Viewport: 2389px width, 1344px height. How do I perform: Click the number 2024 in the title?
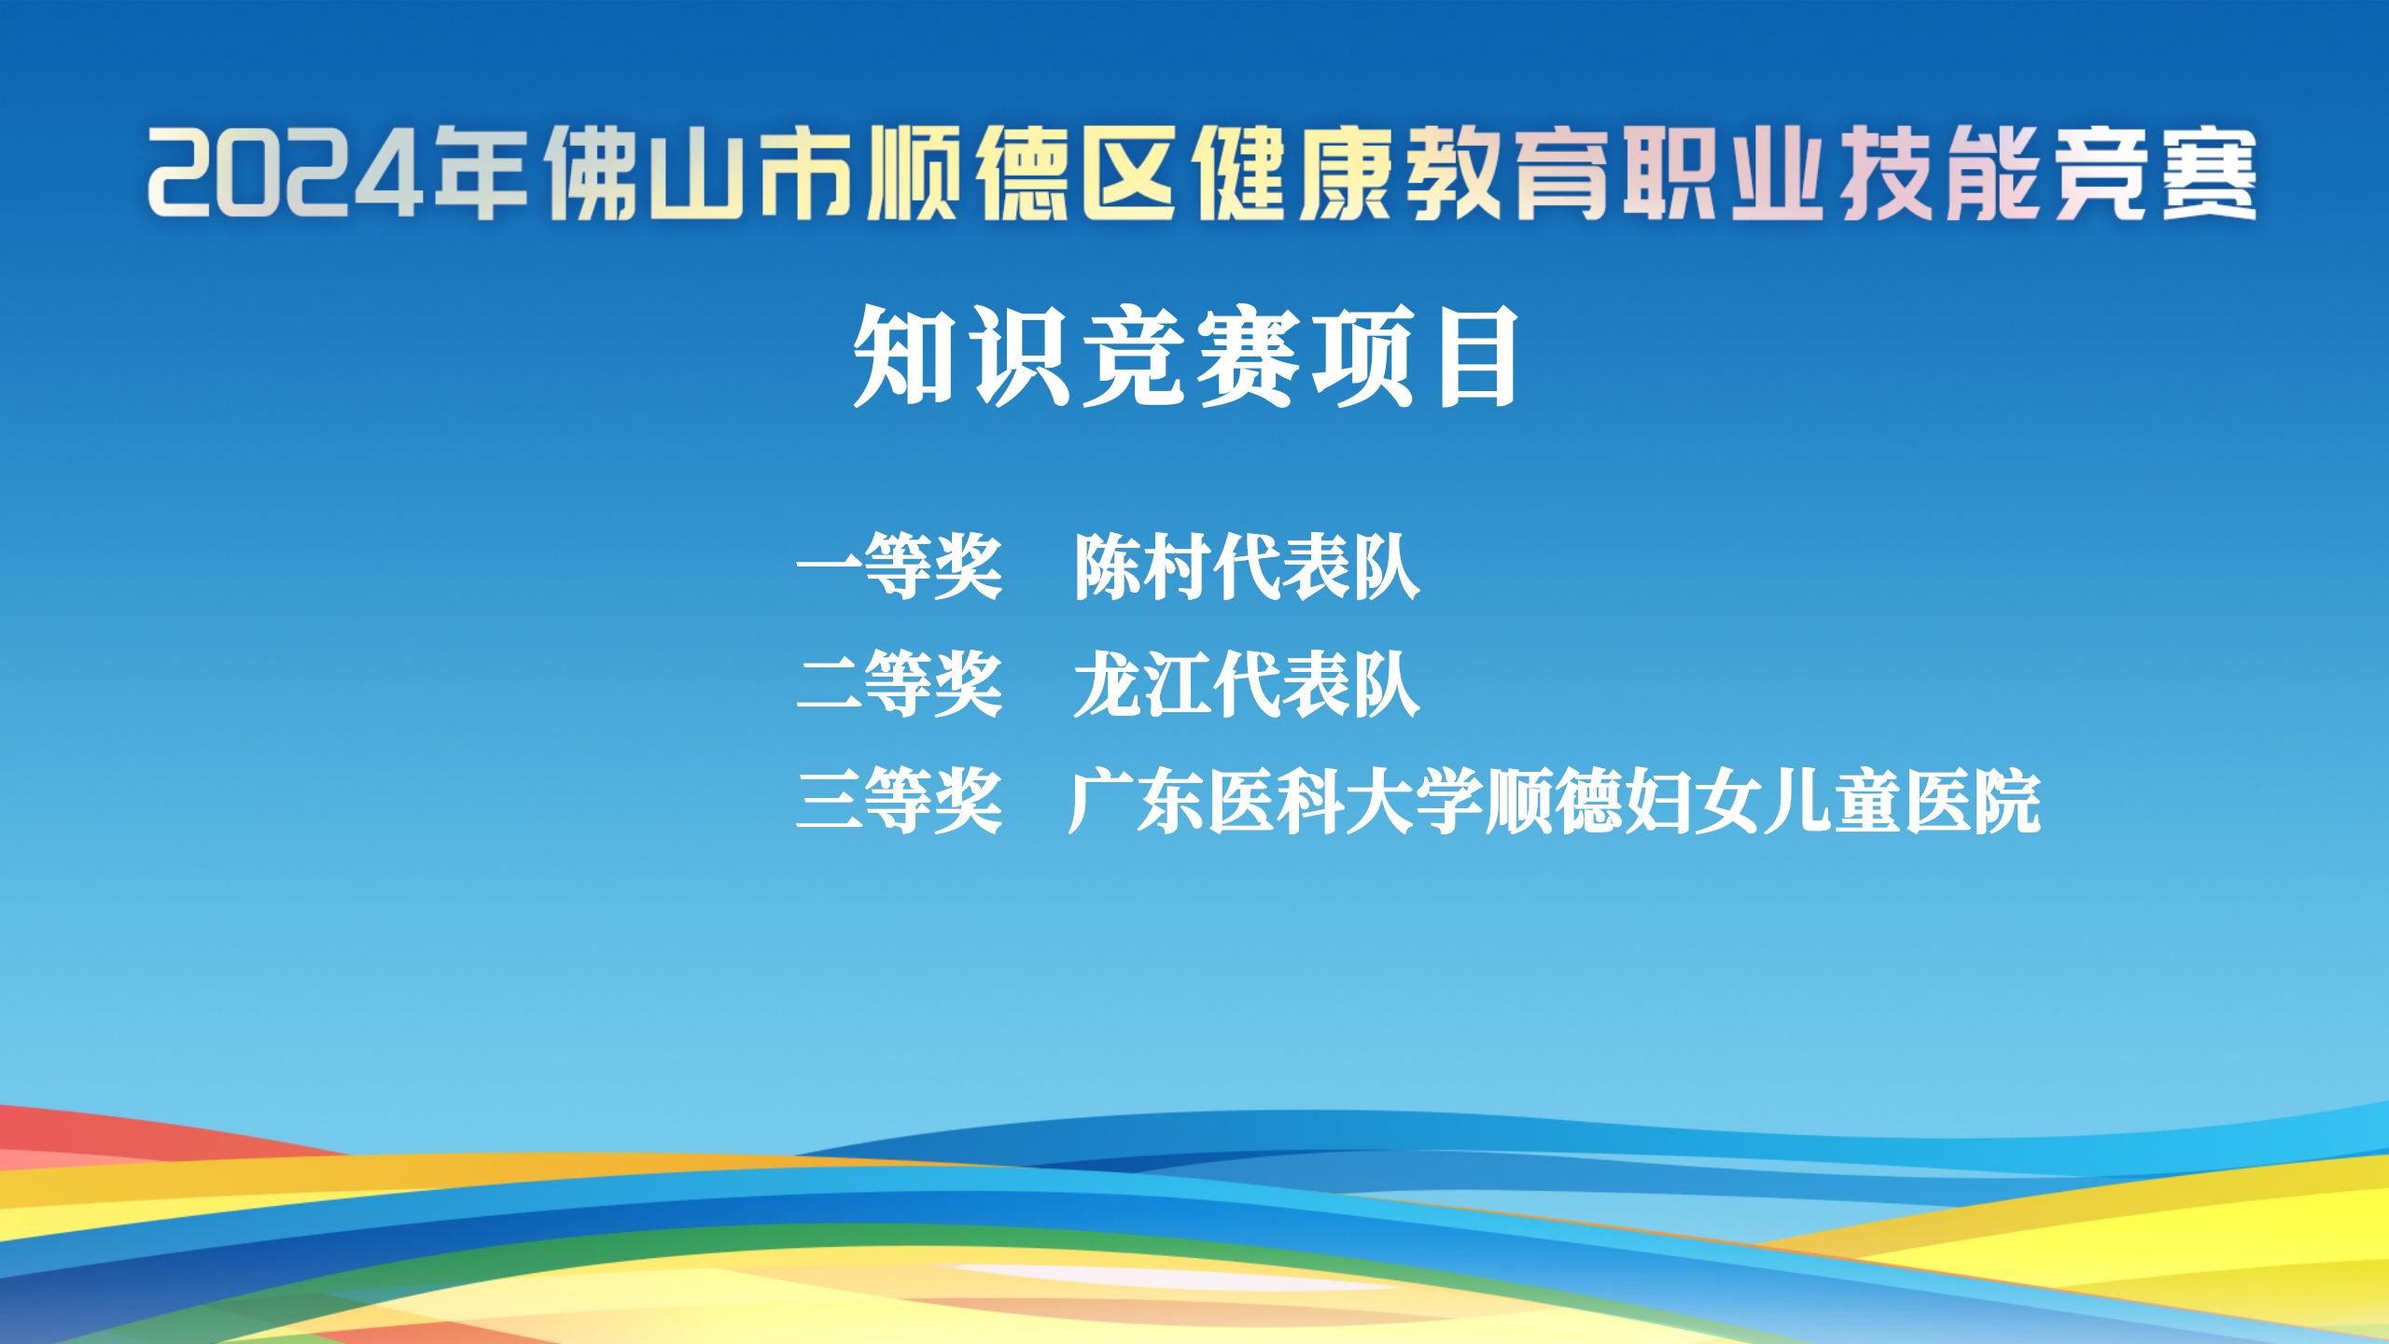[x=286, y=173]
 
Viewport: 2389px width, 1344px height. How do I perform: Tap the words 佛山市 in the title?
[x=700, y=174]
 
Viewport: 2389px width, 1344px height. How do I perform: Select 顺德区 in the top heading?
[x=1023, y=174]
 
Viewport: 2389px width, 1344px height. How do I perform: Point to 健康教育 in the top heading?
[x=1400, y=174]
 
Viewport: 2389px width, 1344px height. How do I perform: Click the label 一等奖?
[x=900, y=567]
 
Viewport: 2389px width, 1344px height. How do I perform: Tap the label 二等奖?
[x=900, y=684]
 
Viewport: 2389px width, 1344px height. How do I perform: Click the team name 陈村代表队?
[x=1247, y=567]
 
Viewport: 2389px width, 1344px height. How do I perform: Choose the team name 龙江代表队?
[x=1247, y=684]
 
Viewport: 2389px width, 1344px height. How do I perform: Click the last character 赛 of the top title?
[x=2208, y=174]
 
